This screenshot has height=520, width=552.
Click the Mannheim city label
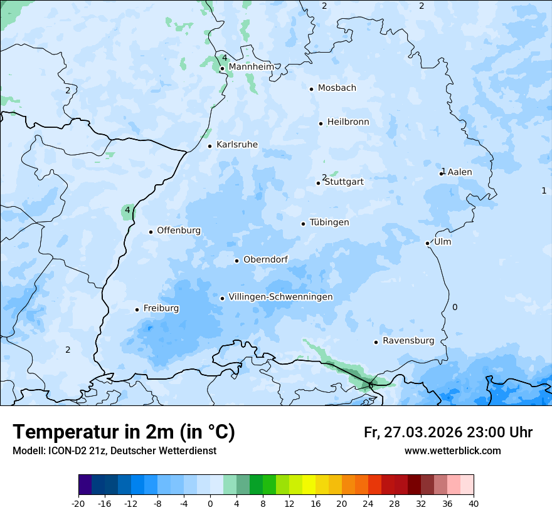coord(251,67)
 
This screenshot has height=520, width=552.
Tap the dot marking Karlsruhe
coord(210,146)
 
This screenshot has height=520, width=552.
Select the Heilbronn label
coord(348,122)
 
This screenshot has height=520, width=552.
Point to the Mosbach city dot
coord(311,89)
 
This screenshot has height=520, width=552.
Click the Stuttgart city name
coord(344,182)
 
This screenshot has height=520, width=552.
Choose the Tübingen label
coord(329,223)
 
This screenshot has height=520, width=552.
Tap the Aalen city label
coord(460,172)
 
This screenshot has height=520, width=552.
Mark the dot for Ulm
coord(427,243)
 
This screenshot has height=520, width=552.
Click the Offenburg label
coord(179,231)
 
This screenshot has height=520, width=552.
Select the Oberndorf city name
coord(265,260)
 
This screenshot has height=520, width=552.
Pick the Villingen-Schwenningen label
coord(280,297)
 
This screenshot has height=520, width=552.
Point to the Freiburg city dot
coord(137,309)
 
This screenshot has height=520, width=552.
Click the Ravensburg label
coord(408,341)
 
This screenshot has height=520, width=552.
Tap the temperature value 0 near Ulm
coord(455,307)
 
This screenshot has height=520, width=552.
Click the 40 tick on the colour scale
coord(473,503)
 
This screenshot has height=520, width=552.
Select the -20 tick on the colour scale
coord(78,503)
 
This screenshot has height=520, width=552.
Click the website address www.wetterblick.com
coord(452,450)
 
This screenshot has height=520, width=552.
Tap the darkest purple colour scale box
coord(85,486)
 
